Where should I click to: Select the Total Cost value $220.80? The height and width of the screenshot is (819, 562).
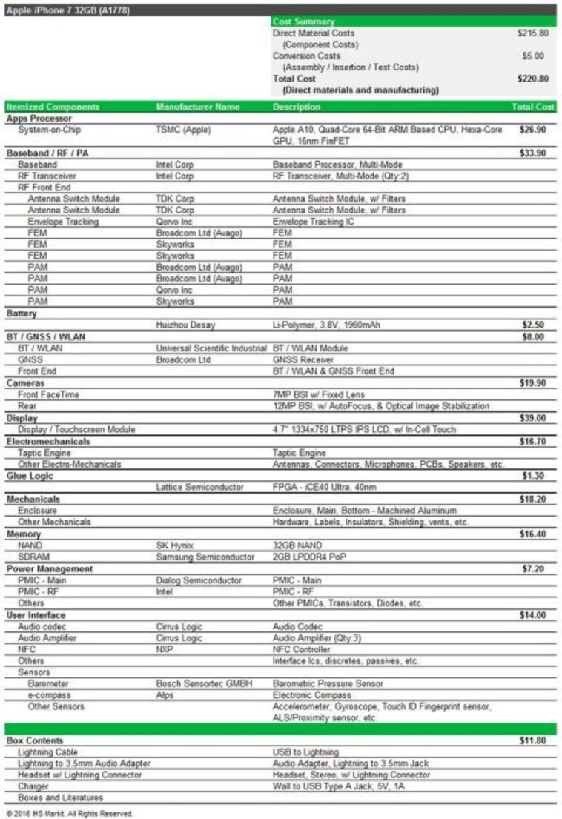point(532,79)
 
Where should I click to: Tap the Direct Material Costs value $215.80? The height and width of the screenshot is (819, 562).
point(532,33)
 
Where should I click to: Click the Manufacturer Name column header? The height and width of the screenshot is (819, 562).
point(198,107)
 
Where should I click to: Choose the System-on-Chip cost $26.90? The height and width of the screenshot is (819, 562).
point(533,130)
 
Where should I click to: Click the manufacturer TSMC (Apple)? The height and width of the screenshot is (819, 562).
point(183,130)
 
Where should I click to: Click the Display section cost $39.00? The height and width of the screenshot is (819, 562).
point(533,418)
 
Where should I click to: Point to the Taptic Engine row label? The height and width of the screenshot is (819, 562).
point(44,452)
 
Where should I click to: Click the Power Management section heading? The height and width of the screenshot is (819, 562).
point(50,568)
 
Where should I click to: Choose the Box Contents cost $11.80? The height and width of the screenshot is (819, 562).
point(533,740)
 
